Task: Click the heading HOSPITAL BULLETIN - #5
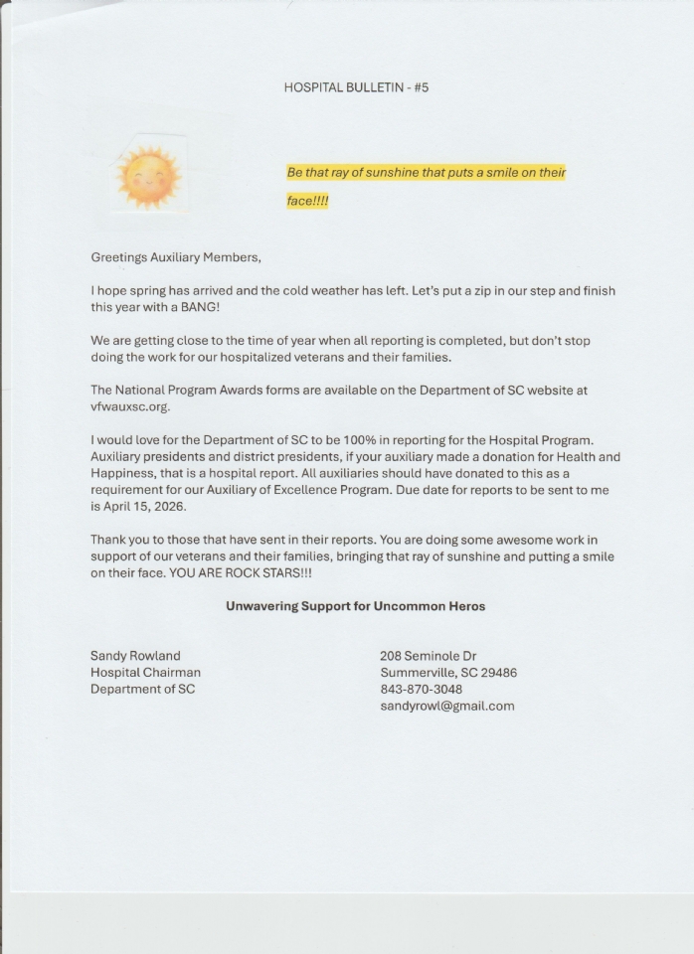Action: (x=356, y=87)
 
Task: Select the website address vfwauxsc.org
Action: (x=130, y=406)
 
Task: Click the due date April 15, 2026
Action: (x=144, y=506)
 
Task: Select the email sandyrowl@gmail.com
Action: (x=446, y=706)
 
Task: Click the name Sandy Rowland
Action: (x=135, y=656)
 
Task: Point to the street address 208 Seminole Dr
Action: (x=428, y=656)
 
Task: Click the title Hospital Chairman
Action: (x=145, y=673)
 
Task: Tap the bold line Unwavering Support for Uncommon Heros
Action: (x=355, y=606)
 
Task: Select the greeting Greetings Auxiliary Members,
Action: (x=176, y=257)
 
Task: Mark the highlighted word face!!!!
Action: (x=307, y=201)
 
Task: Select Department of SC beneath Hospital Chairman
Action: (x=142, y=689)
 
